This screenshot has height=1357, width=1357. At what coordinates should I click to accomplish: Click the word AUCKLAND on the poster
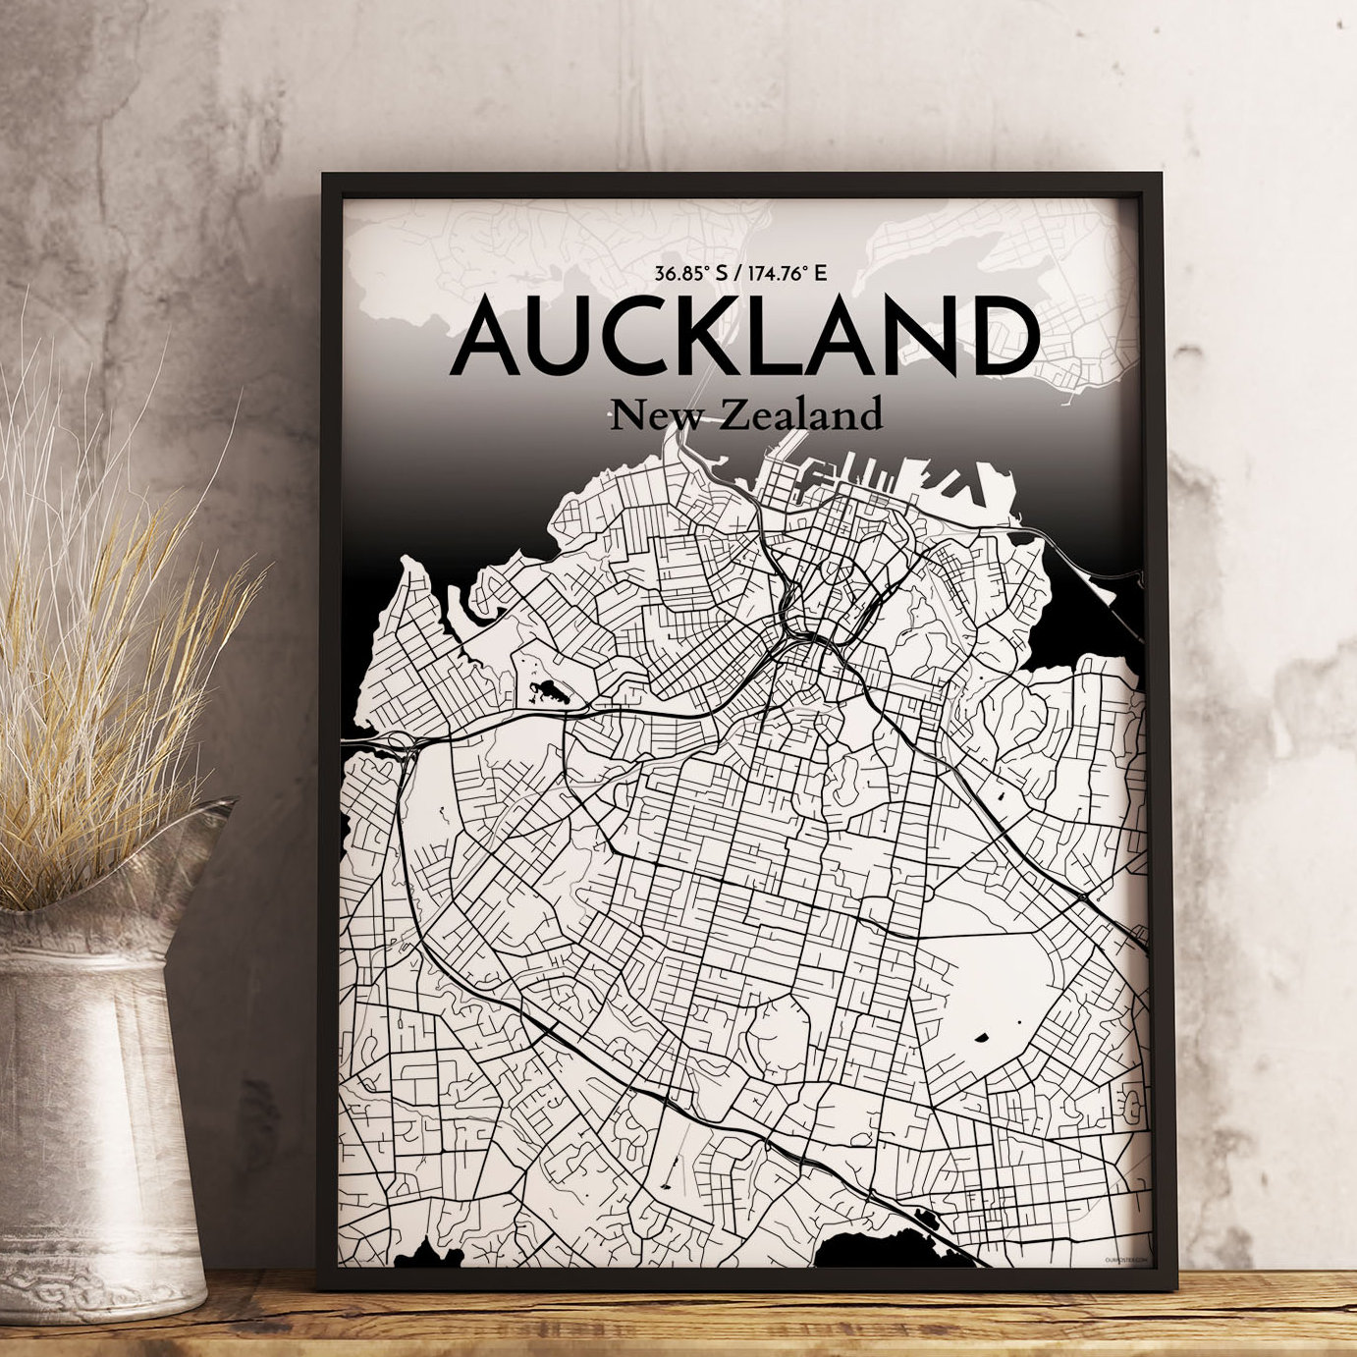(x=744, y=336)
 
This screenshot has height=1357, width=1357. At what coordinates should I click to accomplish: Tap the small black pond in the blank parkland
(x=982, y=1035)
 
